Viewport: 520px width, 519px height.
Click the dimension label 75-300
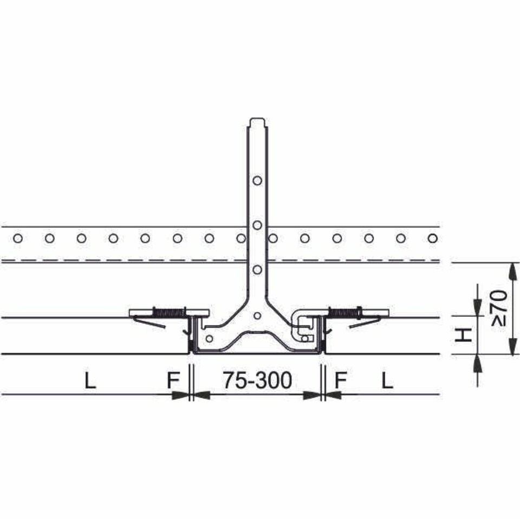coord(257,380)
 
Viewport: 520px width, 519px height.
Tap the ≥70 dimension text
coord(499,308)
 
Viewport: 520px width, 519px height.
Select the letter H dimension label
coord(463,335)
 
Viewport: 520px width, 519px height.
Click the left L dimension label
coord(90,380)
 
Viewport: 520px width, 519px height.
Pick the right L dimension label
coord(387,380)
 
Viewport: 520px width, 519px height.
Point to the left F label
coord(173,380)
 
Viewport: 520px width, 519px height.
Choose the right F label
coord(341,380)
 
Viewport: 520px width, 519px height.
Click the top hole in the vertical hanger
coord(257,180)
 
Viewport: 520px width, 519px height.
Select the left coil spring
coord(168,313)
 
